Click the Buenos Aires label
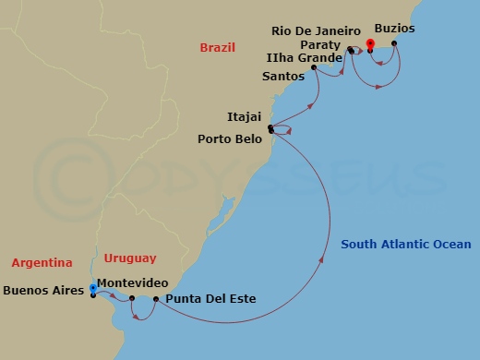tap(43, 289)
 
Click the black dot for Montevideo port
tap(132, 298)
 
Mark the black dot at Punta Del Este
tap(156, 299)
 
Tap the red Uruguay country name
tap(130, 258)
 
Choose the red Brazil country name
tap(218, 47)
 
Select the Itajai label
tap(244, 117)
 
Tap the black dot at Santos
tap(315, 67)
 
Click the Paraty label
tap(320, 44)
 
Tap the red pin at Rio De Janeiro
tap(369, 42)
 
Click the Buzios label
tap(394, 29)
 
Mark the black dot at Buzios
tap(394, 43)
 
